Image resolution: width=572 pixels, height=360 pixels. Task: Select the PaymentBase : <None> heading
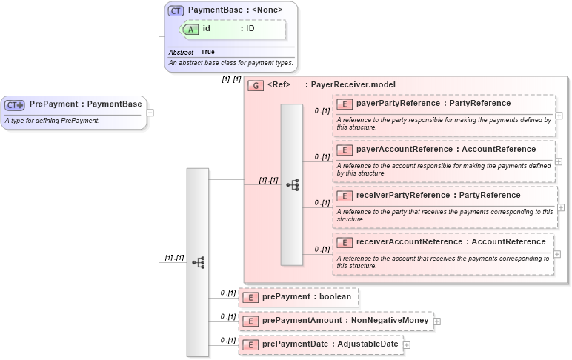[235, 10]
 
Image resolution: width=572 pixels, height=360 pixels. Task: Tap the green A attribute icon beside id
[190, 29]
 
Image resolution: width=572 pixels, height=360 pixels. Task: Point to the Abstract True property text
[192, 53]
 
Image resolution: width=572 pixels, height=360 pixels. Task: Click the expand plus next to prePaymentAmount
[437, 321]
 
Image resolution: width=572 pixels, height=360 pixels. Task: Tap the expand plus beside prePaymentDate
[407, 345]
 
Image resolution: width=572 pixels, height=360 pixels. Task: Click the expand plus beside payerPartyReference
[559, 116]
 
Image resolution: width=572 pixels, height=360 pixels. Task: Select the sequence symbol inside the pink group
[292, 184]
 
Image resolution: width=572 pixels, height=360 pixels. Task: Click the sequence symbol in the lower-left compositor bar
[198, 262]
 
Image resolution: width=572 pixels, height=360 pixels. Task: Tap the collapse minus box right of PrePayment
[150, 113]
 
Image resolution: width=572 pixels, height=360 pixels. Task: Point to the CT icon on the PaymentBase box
[176, 10]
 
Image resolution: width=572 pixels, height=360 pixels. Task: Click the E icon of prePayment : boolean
[251, 298]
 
